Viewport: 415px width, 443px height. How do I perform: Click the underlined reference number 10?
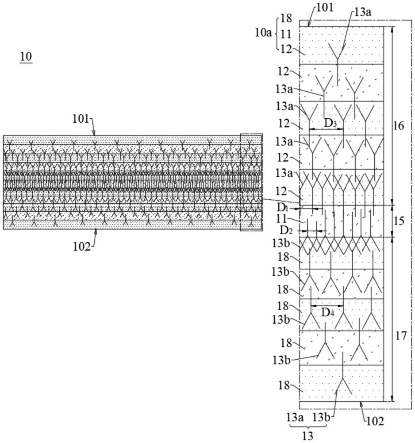click(x=26, y=57)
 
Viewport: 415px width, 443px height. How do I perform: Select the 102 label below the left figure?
click(x=82, y=246)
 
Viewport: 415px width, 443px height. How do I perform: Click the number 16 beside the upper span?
click(x=399, y=126)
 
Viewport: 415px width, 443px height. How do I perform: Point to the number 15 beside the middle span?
click(x=399, y=221)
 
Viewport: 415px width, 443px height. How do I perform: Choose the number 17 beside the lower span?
click(x=400, y=336)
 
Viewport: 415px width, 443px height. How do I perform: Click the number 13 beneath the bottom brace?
click(x=307, y=436)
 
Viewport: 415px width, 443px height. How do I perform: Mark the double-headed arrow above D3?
click(x=326, y=129)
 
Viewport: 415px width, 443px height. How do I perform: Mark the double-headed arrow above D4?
click(x=327, y=305)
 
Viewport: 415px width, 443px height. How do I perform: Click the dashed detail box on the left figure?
click(x=251, y=182)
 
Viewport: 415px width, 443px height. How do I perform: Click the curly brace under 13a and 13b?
click(x=307, y=426)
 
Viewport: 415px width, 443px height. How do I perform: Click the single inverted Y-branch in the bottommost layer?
click(x=341, y=385)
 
